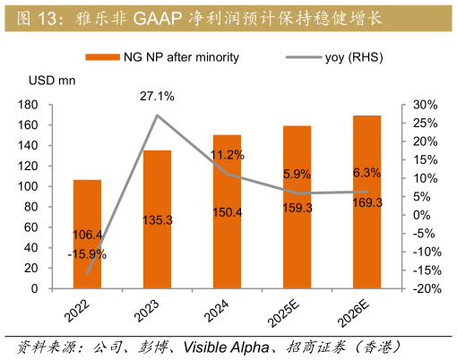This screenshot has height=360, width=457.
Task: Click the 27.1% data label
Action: coord(157,96)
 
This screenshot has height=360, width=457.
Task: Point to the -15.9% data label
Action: coord(87,254)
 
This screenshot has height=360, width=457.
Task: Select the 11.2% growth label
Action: coord(227,155)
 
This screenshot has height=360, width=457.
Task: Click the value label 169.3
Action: coord(367,202)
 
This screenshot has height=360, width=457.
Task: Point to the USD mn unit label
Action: coord(52,81)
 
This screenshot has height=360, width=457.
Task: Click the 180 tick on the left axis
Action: coord(52,105)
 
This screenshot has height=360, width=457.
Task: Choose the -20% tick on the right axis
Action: coord(422,288)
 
